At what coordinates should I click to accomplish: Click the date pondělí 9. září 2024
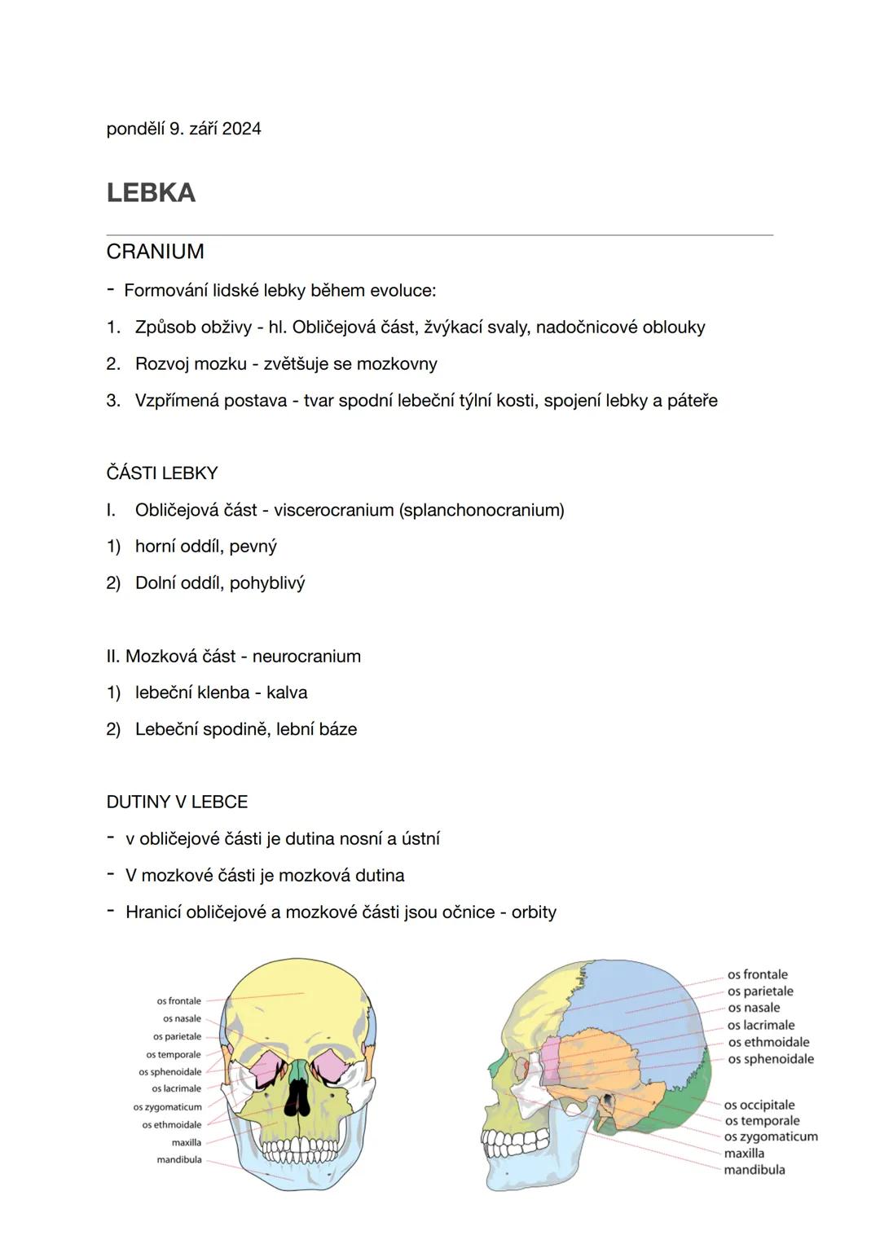183,129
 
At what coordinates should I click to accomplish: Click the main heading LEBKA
151,193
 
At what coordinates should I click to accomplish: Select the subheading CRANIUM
155,252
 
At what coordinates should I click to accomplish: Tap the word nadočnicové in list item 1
586,327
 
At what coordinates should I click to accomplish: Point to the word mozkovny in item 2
396,364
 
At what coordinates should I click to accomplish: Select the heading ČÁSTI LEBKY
161,473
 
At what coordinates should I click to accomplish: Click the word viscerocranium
333,510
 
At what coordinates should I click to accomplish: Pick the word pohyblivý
266,583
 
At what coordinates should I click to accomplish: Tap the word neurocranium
306,657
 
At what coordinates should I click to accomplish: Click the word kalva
287,693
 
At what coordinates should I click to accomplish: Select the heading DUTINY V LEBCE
177,802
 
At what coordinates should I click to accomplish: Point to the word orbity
534,912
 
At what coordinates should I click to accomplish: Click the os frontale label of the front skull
178,1001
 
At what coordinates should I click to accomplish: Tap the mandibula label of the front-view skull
178,1160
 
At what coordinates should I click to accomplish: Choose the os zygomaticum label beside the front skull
167,1107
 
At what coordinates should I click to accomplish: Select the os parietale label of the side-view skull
759,991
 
